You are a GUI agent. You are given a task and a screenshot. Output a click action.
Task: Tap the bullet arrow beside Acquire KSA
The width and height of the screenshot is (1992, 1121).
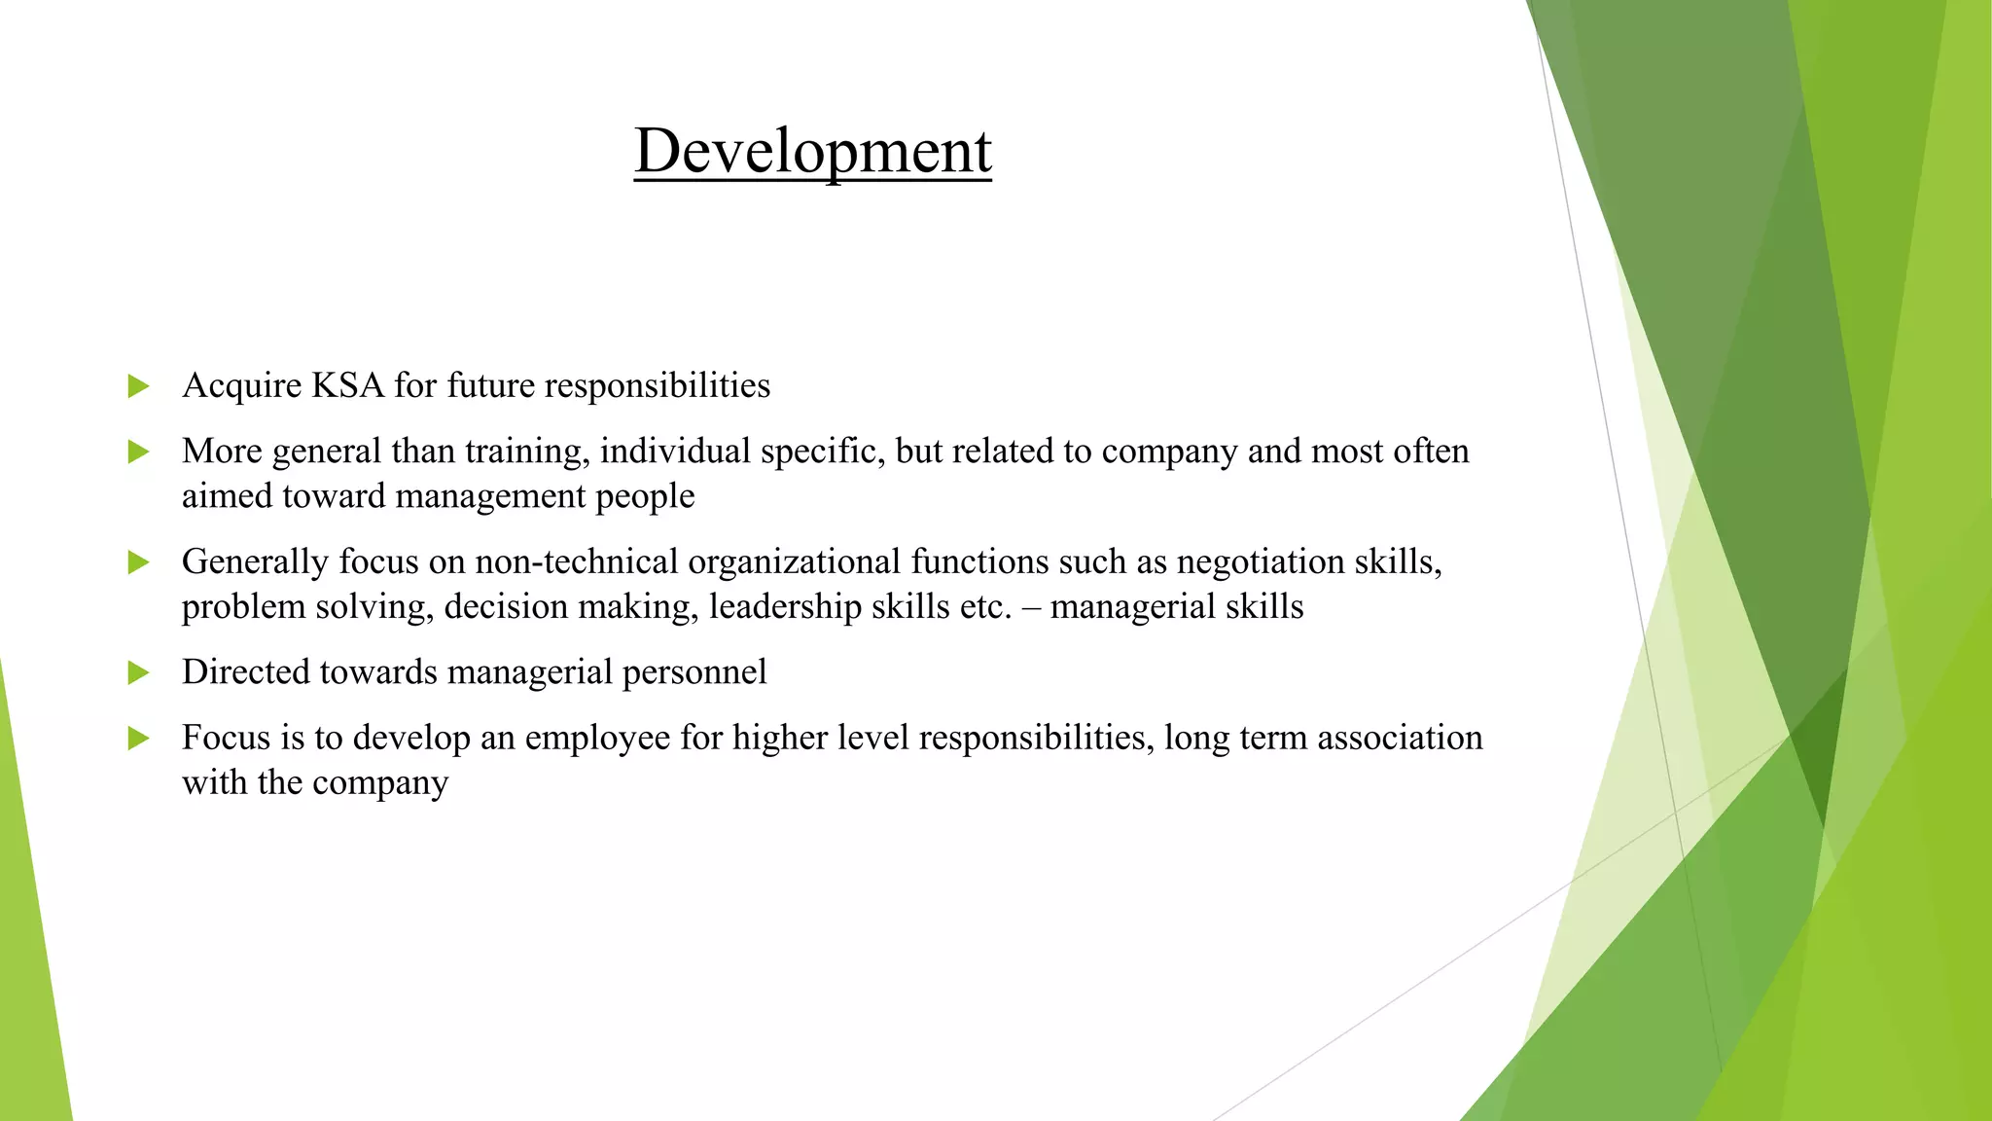(x=138, y=386)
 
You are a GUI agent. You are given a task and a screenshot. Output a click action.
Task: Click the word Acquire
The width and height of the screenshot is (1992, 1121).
(x=241, y=386)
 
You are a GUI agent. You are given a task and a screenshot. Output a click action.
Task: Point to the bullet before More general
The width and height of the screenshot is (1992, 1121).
(x=138, y=452)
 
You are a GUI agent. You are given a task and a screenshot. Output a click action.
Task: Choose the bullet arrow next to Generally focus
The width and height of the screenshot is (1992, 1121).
(x=138, y=562)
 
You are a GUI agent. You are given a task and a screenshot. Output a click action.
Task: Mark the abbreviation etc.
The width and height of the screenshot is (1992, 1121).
(x=985, y=607)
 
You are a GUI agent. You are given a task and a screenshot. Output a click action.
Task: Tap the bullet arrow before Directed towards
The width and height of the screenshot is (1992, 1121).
(x=138, y=672)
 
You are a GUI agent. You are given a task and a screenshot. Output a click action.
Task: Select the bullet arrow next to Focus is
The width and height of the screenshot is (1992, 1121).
(x=138, y=739)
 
